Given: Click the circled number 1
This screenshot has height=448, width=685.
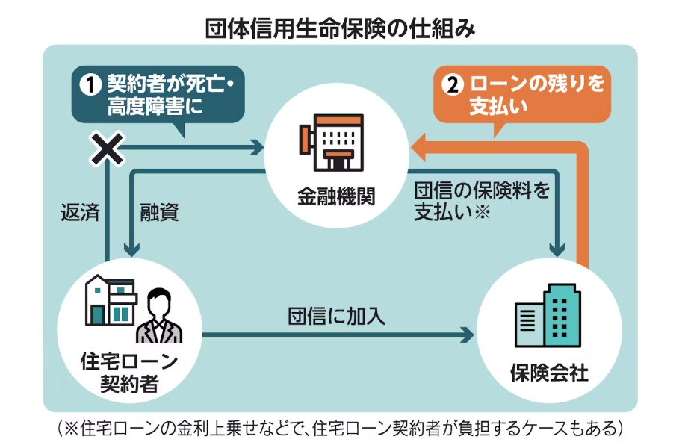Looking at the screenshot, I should pos(90,84).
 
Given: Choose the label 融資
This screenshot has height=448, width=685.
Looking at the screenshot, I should pos(159,213).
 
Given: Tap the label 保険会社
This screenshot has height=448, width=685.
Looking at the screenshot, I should pos(549,372).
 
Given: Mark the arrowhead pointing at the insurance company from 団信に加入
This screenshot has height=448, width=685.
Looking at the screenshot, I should pos(468,335).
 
